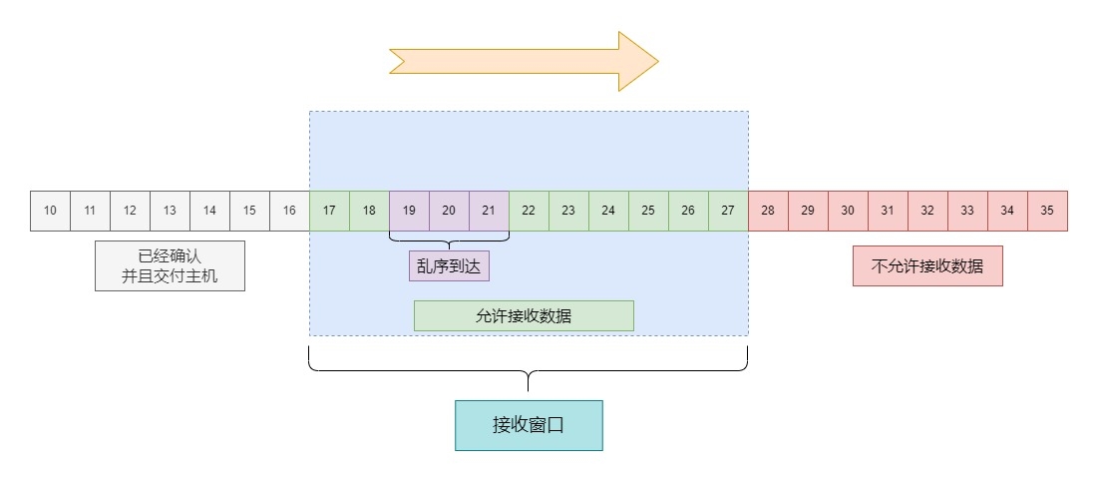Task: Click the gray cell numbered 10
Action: (50, 211)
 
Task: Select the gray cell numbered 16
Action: (289, 211)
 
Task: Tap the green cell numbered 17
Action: (329, 211)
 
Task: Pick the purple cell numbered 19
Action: (409, 211)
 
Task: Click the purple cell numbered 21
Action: (489, 211)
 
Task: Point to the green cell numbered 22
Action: (529, 211)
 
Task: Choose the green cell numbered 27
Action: (728, 211)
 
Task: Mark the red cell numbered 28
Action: (768, 211)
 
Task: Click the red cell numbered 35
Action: (1047, 211)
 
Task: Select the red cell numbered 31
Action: (888, 211)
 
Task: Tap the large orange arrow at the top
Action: (524, 61)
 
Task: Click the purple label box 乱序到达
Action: (449, 266)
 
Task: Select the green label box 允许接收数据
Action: (524, 315)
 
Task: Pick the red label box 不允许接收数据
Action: (927, 266)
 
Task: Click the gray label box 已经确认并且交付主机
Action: (170, 265)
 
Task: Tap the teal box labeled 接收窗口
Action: (529, 425)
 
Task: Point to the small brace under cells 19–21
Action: (449, 240)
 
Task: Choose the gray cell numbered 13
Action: (170, 211)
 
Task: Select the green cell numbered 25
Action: (648, 211)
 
